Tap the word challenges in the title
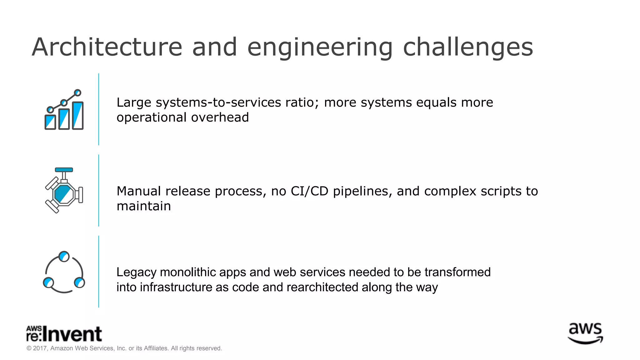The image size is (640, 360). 468,47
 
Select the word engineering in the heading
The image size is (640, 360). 320,47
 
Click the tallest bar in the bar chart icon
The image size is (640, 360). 78,115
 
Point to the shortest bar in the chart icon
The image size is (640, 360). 50,122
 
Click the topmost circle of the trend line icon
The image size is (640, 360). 78,93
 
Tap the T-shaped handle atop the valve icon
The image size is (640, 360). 64,170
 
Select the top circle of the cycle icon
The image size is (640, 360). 64,257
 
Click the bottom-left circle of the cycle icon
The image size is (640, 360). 48,282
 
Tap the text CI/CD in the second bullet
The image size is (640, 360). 309,191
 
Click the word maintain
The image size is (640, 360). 144,206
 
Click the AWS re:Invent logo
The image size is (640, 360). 64,334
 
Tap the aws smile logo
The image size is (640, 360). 585,334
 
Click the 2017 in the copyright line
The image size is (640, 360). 40,348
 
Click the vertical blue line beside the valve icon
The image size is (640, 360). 99,190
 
